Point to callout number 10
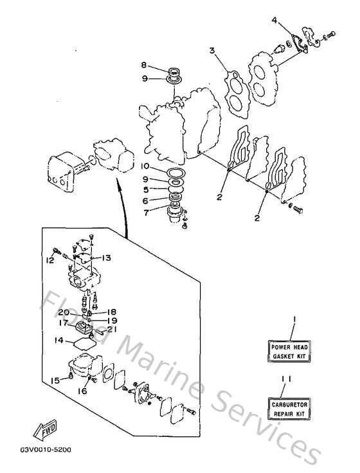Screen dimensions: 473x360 [146, 166]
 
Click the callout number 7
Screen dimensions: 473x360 [147, 212]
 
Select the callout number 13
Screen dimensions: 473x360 [106, 257]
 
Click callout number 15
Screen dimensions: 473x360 [56, 380]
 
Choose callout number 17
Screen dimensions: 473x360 [65, 323]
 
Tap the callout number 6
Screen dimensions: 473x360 [147, 200]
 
